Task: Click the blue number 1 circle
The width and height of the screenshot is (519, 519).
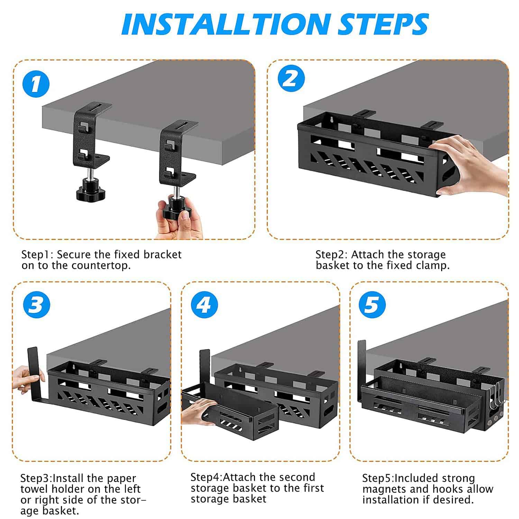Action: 36,84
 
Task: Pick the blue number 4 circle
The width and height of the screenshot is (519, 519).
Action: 204,305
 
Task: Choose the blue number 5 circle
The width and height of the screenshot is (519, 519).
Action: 372,305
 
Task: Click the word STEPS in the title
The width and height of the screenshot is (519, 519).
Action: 383,24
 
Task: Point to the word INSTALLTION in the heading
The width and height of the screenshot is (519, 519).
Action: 225,24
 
